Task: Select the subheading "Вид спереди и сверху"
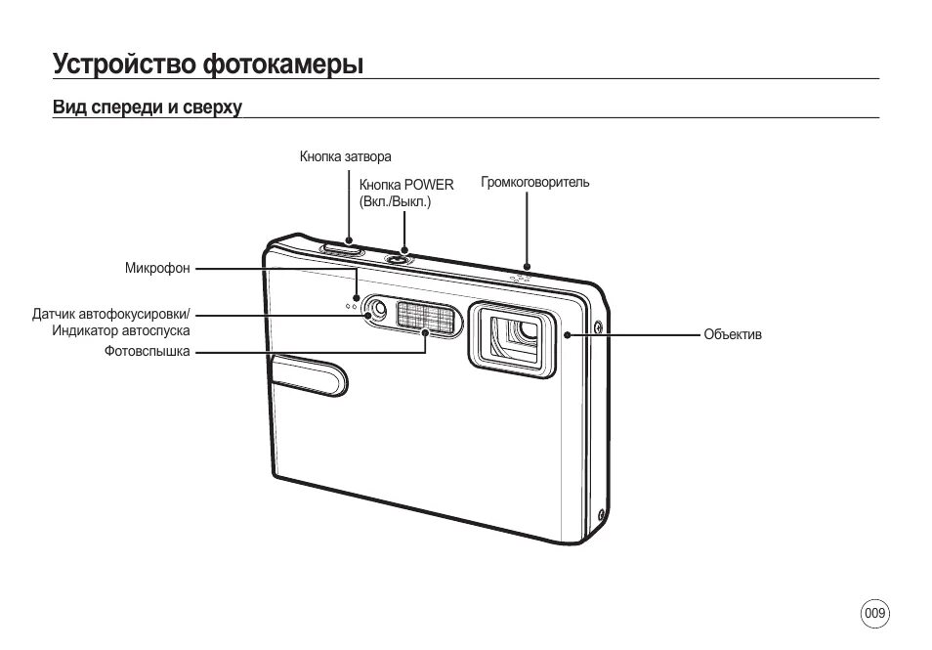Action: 147,106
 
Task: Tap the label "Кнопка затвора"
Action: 345,156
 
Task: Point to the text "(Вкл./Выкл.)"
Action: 395,201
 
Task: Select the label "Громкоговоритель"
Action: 534,183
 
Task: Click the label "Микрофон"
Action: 156,269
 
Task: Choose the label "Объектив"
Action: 732,334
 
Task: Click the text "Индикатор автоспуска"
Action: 121,331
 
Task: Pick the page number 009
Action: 874,614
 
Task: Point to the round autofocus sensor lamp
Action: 379,312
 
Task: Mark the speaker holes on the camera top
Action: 523,278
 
